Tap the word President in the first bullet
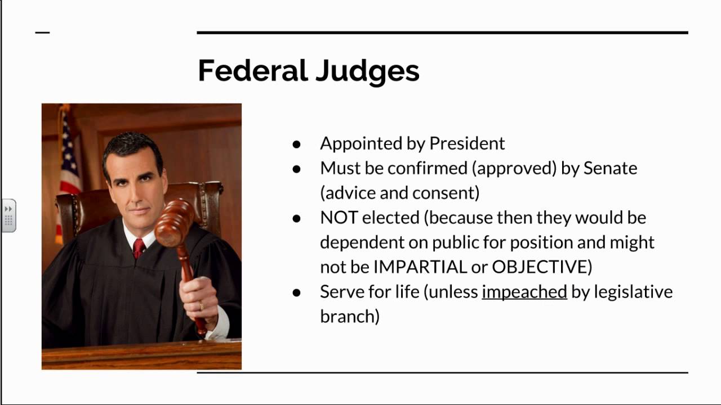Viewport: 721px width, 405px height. pyautogui.click(x=467, y=143)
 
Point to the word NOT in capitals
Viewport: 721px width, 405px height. pyautogui.click(x=339, y=218)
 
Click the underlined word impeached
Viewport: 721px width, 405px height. pyautogui.click(x=524, y=292)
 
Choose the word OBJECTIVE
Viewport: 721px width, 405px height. pyautogui.click(x=539, y=267)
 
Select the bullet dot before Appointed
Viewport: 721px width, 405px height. pyautogui.click(x=297, y=144)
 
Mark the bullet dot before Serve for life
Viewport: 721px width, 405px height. pyautogui.click(x=297, y=292)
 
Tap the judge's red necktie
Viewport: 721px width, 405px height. pyautogui.click(x=139, y=247)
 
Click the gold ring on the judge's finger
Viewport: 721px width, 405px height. pyautogui.click(x=201, y=305)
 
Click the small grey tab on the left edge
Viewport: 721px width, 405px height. pyautogui.click(x=8, y=215)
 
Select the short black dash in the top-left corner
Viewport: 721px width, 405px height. pyautogui.click(x=42, y=33)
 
